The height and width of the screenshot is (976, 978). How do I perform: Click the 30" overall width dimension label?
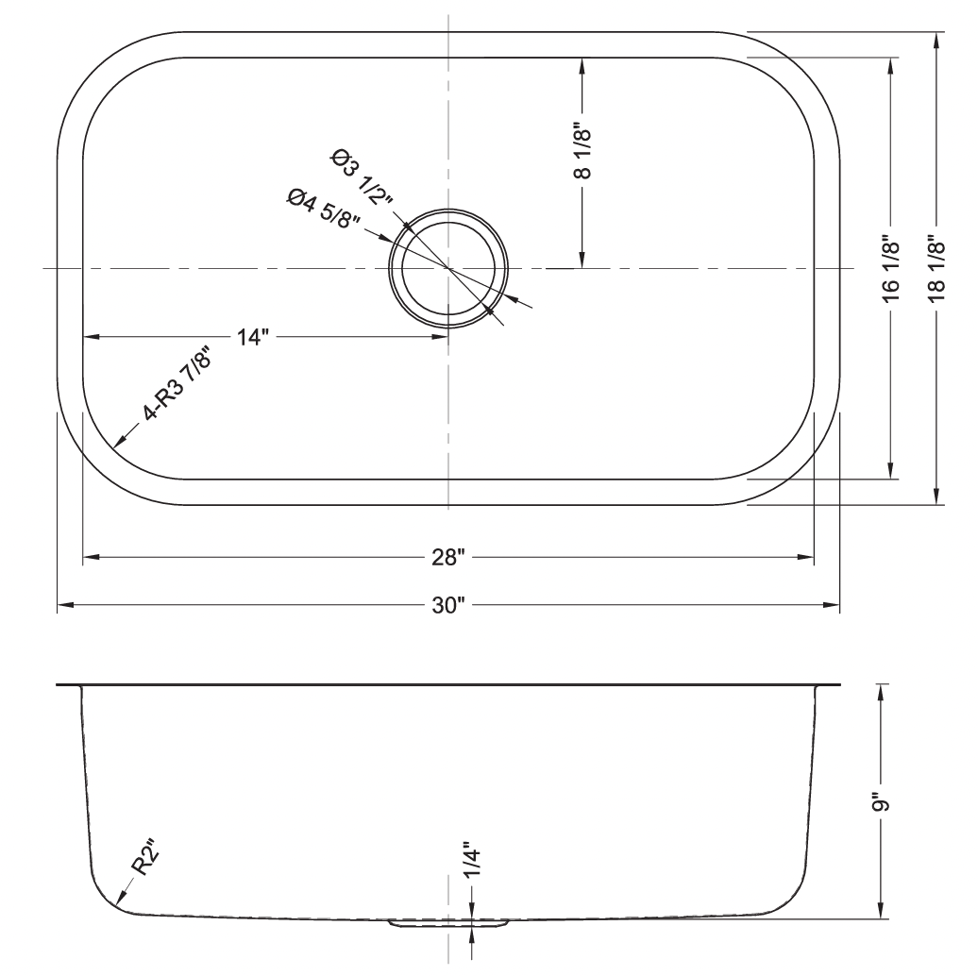coord(448,605)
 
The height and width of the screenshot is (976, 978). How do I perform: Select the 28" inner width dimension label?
coord(448,557)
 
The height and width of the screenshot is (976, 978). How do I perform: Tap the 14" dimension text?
coord(253,337)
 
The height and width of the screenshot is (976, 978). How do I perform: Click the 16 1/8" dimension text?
coord(891,269)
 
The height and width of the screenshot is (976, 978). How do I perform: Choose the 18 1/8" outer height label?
coord(936,269)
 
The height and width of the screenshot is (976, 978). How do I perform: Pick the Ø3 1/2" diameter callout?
coord(362,177)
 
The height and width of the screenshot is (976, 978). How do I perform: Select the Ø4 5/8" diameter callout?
coord(324,209)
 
